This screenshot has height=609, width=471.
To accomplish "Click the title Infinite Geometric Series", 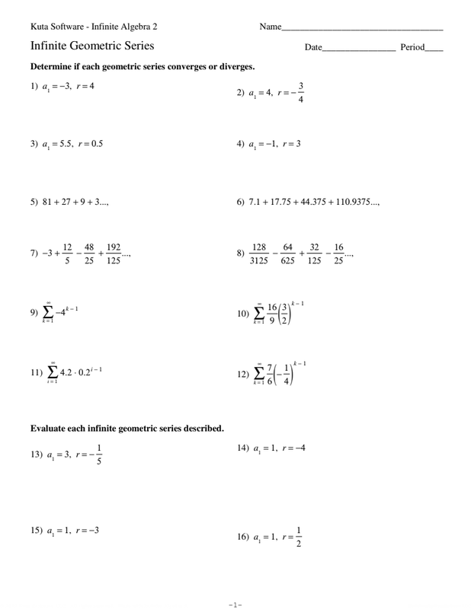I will (x=92, y=46).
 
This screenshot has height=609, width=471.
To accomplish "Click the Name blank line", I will (x=362, y=29).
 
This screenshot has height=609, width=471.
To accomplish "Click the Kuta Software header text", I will (x=99, y=27).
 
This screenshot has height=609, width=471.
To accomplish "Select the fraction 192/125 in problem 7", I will (x=114, y=253).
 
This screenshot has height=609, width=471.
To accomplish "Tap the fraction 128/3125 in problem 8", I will (x=258, y=253).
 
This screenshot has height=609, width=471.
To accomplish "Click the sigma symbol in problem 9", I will (x=48, y=312).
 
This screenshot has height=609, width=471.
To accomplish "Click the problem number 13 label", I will (x=36, y=454).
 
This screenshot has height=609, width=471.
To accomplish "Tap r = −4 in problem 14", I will (x=293, y=448).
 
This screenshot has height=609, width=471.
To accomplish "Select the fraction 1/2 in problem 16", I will (x=299, y=537).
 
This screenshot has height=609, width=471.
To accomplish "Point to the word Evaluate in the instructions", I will (x=51, y=428).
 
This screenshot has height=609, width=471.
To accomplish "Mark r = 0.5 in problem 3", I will (x=90, y=143).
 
